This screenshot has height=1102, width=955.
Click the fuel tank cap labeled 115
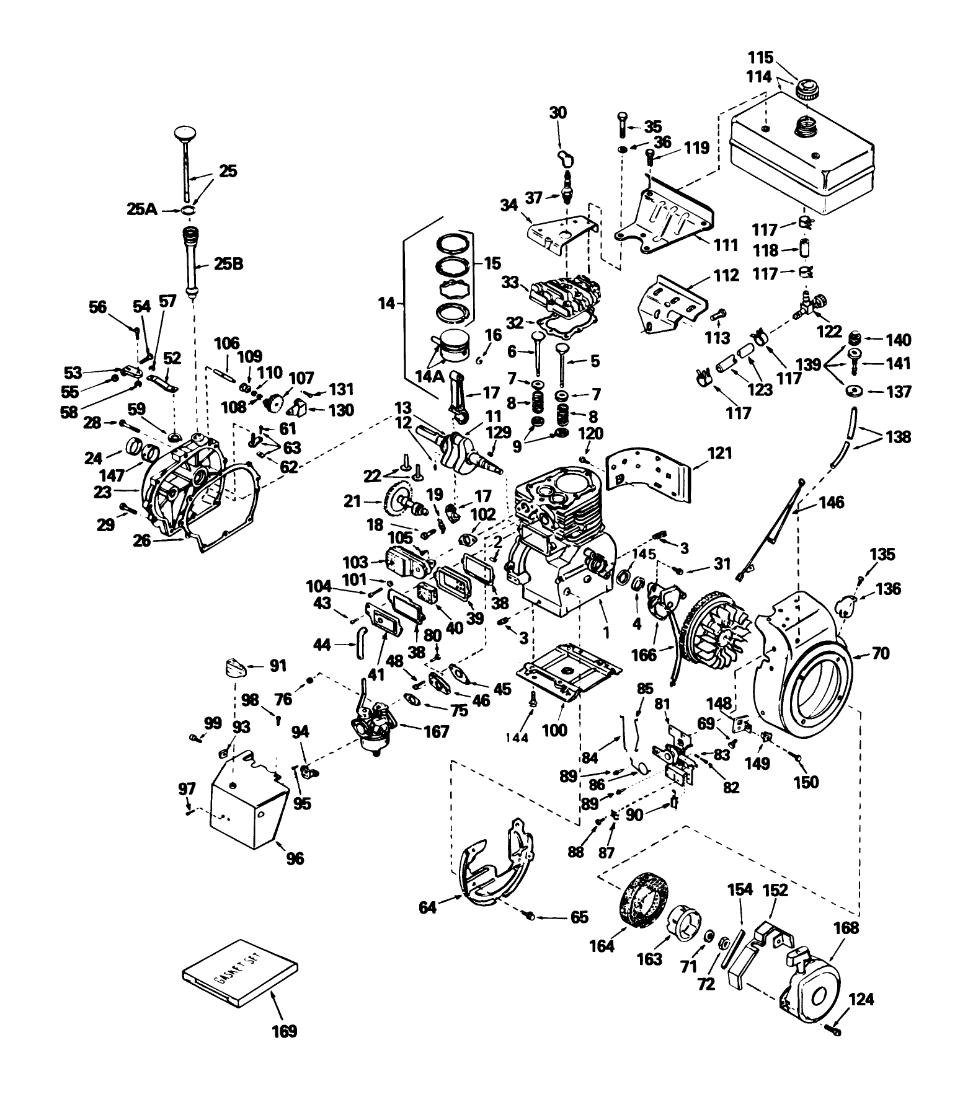coord(809,90)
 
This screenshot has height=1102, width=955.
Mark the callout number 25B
coord(228,264)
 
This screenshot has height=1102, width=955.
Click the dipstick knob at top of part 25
coord(184,133)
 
